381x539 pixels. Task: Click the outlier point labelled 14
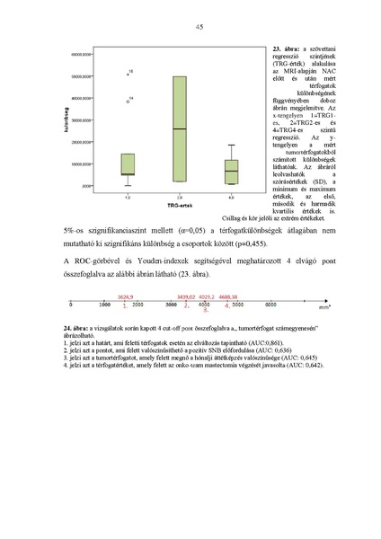tap(128, 101)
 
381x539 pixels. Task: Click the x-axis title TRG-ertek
tap(180, 206)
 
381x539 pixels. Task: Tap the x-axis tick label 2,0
tap(180, 196)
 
